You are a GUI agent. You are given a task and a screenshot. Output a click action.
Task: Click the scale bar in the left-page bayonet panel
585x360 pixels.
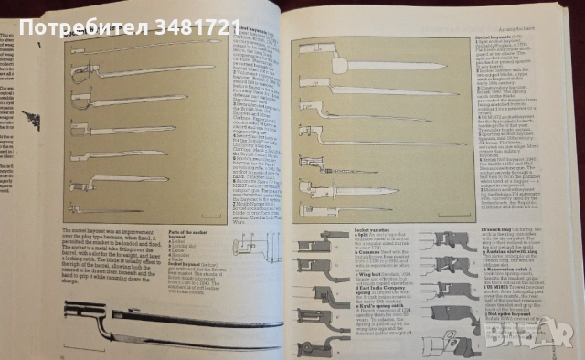click(x=210, y=217)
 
